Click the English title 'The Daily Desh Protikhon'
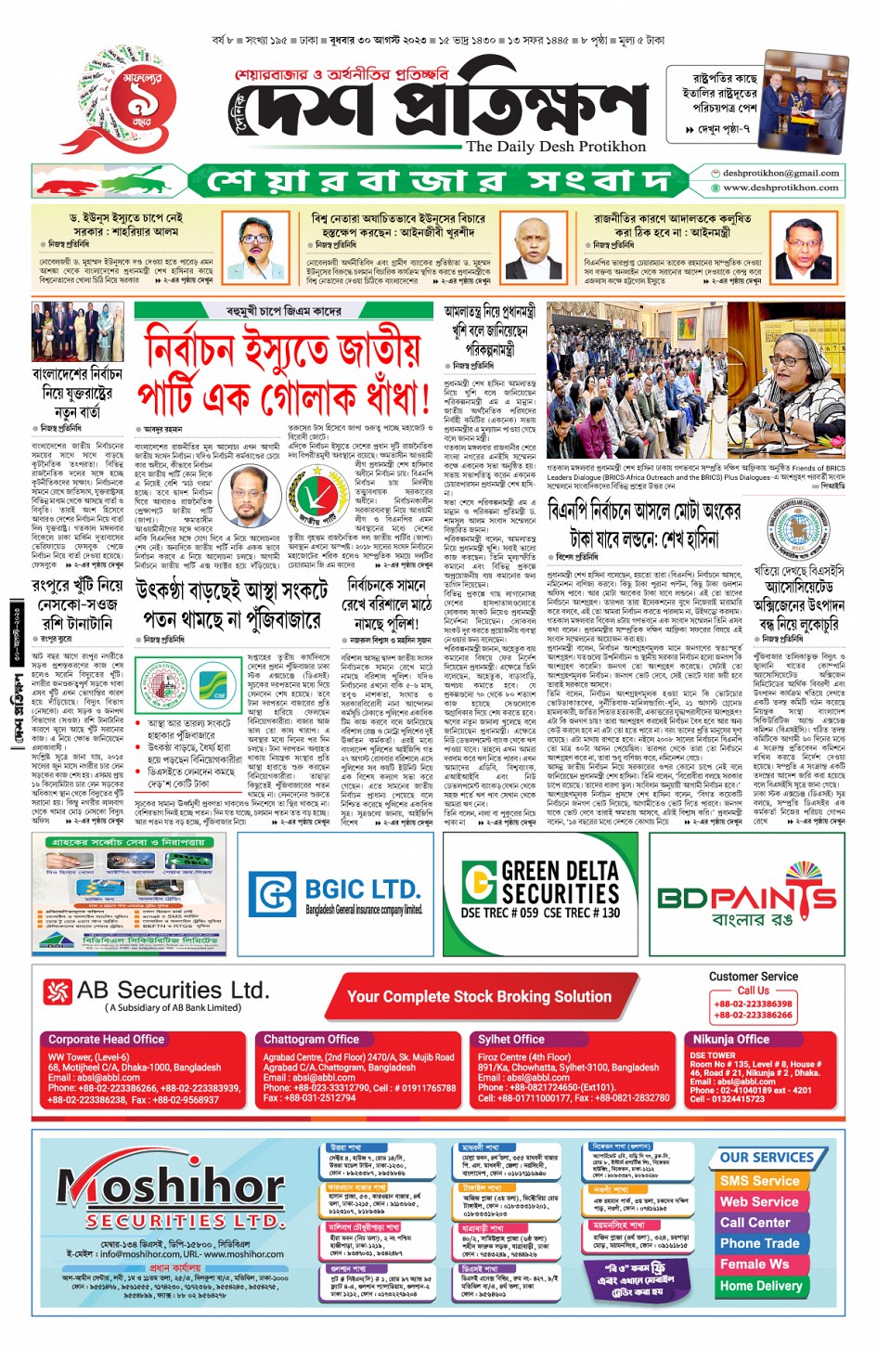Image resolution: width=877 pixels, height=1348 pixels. tap(555, 146)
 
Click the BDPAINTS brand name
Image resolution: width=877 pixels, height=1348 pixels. tap(746, 898)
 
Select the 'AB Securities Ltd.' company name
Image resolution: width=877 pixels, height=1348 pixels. tap(173, 991)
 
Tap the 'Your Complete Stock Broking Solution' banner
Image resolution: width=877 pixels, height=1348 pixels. tap(479, 996)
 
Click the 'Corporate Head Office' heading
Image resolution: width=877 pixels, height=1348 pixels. tap(106, 1039)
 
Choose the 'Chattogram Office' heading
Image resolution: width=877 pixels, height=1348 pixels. tap(311, 1039)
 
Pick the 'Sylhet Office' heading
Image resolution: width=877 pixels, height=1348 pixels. tap(510, 1039)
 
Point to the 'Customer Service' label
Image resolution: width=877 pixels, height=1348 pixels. tap(753, 977)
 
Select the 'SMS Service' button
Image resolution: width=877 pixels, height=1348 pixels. tap(759, 1181)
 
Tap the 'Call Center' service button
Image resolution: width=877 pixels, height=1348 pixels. tap(755, 1223)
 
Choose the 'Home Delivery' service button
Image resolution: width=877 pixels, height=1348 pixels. tap(760, 1286)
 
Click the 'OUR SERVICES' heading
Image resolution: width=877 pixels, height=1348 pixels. tap(767, 1158)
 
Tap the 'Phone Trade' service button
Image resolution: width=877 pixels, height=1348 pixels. tap(759, 1243)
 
